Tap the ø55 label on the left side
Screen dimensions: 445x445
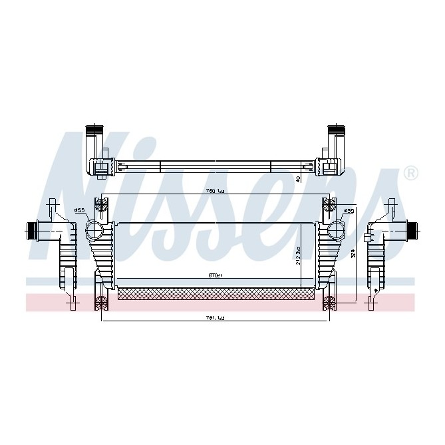80,211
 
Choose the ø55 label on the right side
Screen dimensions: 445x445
348,211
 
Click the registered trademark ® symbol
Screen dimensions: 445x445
411,174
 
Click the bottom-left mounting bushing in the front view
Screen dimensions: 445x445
102,304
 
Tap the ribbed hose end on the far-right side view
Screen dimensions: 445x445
412,231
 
